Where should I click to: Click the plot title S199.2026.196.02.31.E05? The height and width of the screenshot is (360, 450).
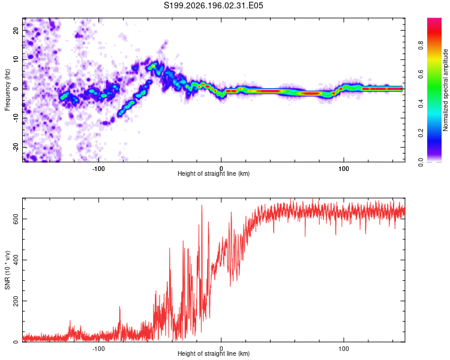(x=213, y=5)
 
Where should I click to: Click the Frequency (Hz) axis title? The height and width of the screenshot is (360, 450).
(x=7, y=89)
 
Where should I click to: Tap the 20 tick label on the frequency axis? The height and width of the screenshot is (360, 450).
(x=16, y=30)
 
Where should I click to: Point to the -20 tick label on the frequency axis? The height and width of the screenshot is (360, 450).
(x=16, y=148)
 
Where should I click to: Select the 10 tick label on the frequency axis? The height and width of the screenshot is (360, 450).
(x=16, y=59)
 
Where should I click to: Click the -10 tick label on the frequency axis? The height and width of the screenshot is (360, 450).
(x=16, y=118)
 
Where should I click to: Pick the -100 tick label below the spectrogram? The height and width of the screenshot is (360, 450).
(x=98, y=169)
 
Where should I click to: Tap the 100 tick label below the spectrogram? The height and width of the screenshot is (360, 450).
(x=344, y=169)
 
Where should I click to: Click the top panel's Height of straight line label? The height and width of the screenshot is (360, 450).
(x=214, y=173)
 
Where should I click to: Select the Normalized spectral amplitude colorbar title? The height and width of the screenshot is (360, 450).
(x=445, y=90)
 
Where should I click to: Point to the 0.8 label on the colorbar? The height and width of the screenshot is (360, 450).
(x=421, y=46)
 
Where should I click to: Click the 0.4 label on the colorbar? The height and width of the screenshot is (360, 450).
(x=421, y=104)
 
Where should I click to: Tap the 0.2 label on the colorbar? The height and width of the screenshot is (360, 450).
(x=421, y=133)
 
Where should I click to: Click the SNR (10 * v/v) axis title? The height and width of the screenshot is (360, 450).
(x=7, y=270)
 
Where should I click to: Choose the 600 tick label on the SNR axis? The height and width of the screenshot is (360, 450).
(x=16, y=219)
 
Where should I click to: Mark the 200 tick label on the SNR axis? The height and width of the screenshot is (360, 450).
(x=16, y=301)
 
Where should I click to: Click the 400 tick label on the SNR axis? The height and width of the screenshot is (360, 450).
(x=16, y=260)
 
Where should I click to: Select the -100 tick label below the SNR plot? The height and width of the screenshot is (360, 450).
(x=98, y=349)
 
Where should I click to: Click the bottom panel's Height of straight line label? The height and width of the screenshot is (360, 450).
(x=214, y=353)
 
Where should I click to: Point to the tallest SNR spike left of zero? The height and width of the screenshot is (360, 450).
(x=202, y=206)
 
